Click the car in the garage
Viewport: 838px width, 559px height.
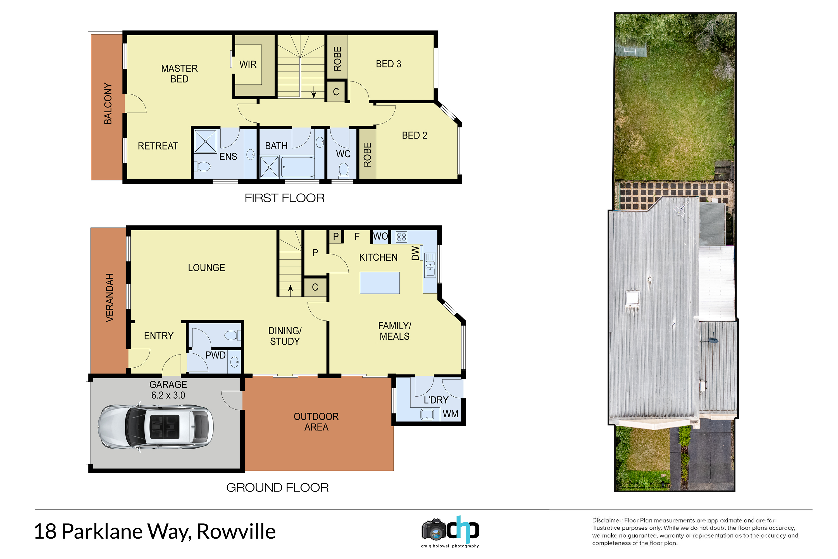pos(155,427)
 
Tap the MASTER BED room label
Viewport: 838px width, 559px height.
pos(179,74)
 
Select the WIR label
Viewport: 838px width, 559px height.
pos(248,65)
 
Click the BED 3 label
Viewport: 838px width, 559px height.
pos(389,64)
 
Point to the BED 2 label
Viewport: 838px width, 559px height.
pos(414,135)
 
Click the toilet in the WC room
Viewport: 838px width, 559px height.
pos(344,170)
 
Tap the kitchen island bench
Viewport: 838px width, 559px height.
pos(380,283)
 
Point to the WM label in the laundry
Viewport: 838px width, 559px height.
pos(451,414)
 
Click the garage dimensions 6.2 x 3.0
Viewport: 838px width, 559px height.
pos(168,395)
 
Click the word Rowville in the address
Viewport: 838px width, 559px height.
pos(236,532)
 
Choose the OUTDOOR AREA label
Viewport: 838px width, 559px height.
pos(316,422)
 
